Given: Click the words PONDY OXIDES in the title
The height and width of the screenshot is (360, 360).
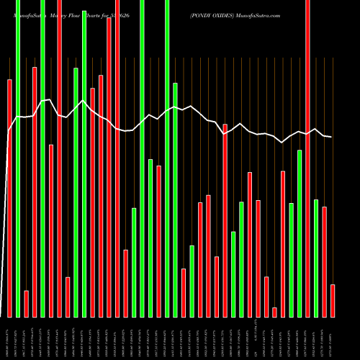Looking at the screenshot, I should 214,14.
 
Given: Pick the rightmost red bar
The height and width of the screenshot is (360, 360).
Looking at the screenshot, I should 333,300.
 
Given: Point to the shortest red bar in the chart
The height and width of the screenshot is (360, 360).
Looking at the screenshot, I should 274,312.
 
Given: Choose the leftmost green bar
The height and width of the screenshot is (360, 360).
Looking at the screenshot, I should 18,158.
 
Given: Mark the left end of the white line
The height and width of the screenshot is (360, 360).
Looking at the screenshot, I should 8,131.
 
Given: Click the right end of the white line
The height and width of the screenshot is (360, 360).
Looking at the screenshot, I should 331,137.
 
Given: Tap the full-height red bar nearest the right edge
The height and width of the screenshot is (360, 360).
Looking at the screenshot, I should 307,158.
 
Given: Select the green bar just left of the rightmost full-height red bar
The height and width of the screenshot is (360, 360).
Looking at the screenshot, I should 300,233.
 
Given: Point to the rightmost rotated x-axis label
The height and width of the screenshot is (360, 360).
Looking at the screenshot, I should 332,338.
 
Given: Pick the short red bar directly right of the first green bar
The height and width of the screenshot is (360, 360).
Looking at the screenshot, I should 26,303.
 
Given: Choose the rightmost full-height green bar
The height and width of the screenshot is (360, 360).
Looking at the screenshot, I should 167,158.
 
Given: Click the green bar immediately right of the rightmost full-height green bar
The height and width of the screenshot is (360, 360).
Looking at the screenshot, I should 175,199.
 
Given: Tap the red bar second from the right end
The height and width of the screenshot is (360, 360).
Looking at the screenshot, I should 325,261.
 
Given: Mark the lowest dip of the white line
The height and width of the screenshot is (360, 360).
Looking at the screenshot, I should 282,143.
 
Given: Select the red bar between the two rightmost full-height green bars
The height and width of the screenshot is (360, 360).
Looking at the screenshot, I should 158,241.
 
